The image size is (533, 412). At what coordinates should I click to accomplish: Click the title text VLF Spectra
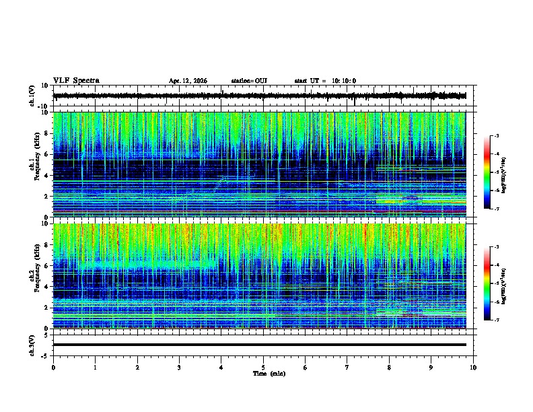[x=76, y=80]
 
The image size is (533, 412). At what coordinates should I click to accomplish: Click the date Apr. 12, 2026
[x=188, y=81]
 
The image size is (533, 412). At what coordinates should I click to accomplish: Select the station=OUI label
[x=249, y=81]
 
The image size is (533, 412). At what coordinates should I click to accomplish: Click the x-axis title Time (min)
[x=269, y=373]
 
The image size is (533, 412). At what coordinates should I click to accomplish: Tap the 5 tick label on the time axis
[x=263, y=367]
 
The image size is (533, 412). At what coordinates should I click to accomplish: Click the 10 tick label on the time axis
[x=473, y=367]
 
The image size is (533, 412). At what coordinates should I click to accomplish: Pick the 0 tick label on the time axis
[x=53, y=367]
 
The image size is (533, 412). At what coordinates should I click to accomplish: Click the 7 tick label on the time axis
[x=347, y=367]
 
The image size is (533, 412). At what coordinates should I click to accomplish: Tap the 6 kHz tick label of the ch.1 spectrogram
[x=46, y=154]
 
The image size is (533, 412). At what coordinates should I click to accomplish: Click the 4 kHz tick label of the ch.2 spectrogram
[x=46, y=287]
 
